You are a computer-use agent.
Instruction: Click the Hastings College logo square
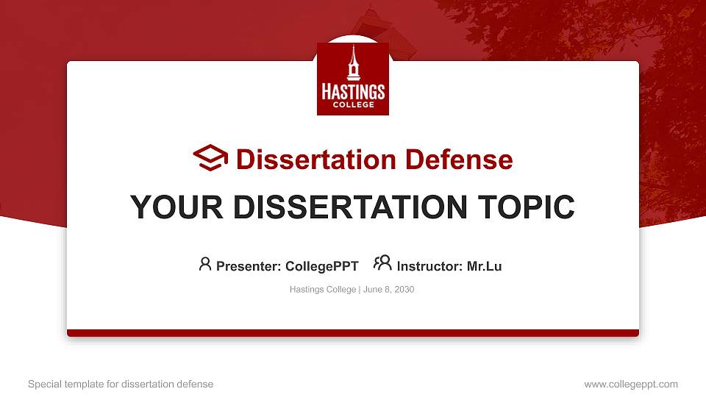352,79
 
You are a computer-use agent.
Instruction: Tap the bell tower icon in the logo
353,63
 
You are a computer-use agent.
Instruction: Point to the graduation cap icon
210,158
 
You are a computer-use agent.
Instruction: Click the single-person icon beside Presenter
205,264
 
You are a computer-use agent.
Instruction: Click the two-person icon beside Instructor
382,263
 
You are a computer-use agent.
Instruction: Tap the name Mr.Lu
484,266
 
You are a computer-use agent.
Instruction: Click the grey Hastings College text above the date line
323,290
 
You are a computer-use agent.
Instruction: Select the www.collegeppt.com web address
631,384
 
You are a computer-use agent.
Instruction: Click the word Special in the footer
43,384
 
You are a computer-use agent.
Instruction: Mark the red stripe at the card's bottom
353,333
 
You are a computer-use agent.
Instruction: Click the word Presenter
246,266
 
